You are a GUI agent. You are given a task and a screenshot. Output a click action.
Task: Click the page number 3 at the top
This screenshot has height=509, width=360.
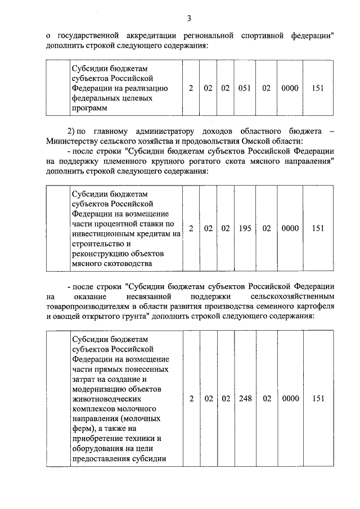[190, 20]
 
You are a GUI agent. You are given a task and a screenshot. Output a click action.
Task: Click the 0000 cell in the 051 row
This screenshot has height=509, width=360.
[289, 88]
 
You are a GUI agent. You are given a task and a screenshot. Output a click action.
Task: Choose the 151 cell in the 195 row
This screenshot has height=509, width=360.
[318, 228]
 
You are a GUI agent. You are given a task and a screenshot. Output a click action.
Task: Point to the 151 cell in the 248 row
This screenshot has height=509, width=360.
[318, 399]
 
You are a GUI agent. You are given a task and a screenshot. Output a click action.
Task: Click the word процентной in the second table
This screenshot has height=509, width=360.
[114, 224]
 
